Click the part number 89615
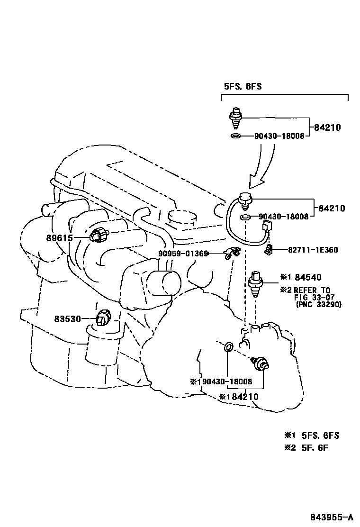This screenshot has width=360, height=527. tap(59, 238)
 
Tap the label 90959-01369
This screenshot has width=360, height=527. tap(183, 254)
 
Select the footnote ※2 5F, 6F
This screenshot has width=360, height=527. tap(306, 447)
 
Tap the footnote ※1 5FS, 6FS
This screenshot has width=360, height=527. tap(311, 436)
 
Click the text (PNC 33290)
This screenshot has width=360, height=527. tap(318, 304)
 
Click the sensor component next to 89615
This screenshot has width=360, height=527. tap(100, 235)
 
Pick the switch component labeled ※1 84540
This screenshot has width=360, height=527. tap(257, 285)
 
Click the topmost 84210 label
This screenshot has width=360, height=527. tap(327, 127)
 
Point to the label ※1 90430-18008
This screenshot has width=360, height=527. tap(220, 381)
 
